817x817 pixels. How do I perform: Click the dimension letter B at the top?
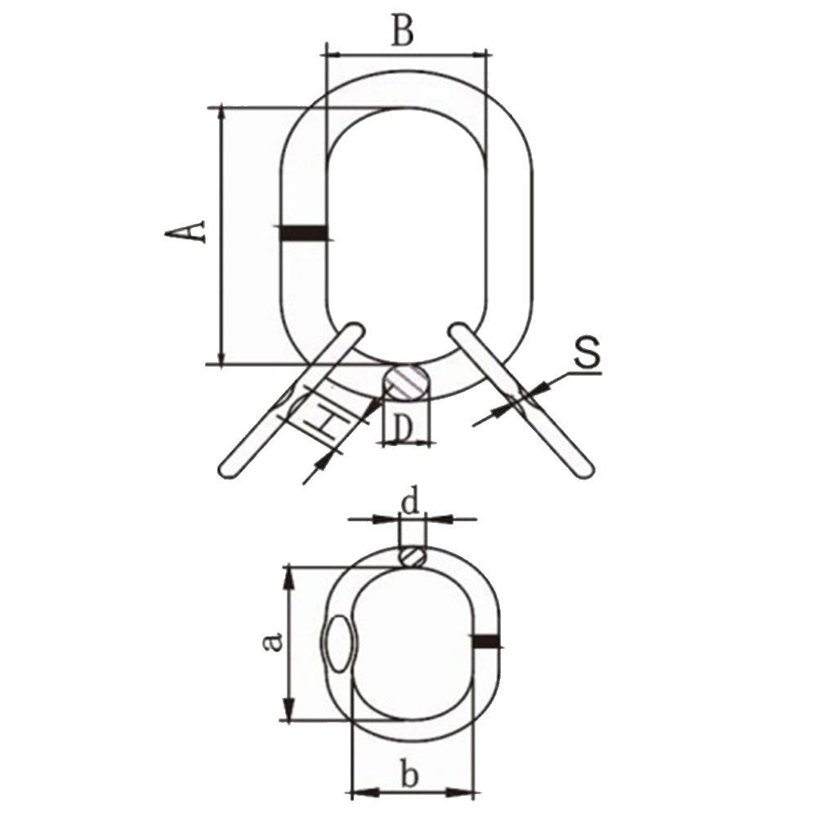[x=404, y=30]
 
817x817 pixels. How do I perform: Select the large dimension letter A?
[x=185, y=231]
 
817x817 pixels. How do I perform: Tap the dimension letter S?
[x=587, y=353]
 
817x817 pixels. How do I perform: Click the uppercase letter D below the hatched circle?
[x=402, y=430]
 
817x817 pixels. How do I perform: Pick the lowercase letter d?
[x=411, y=502]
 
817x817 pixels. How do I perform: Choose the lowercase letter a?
[x=273, y=641]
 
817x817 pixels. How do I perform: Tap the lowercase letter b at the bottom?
[x=410, y=775]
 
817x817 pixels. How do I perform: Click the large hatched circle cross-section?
[x=406, y=382]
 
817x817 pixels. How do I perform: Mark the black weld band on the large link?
[x=304, y=233]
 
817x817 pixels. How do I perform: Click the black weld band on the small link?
[x=487, y=641]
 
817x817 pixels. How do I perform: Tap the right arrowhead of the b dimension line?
[x=461, y=793]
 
